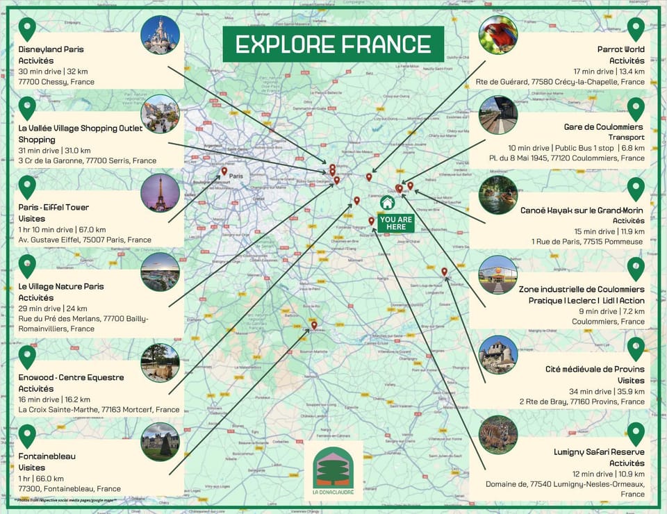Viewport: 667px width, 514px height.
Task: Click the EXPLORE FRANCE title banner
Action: point(333,44)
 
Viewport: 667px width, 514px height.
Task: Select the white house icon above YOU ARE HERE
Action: point(388,203)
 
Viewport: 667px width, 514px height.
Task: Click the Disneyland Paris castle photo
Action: point(160,35)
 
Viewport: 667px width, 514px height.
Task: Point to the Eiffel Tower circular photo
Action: point(160,192)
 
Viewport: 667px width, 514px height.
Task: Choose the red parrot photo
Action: point(497,35)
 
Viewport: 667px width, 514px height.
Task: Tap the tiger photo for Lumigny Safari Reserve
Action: point(497,434)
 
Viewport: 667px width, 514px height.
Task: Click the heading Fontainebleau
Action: point(47,456)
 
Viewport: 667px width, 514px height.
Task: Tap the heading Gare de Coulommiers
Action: point(603,127)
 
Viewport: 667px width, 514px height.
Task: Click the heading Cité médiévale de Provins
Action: point(595,369)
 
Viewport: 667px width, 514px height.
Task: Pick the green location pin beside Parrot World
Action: point(635,28)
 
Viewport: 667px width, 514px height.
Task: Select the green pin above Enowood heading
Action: point(27,356)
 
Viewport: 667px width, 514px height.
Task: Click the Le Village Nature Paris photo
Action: point(160,272)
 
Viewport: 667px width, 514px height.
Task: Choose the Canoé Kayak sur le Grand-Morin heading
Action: point(582,210)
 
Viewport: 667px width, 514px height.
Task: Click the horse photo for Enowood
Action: point(160,362)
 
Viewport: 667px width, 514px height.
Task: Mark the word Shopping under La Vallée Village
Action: point(37,140)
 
